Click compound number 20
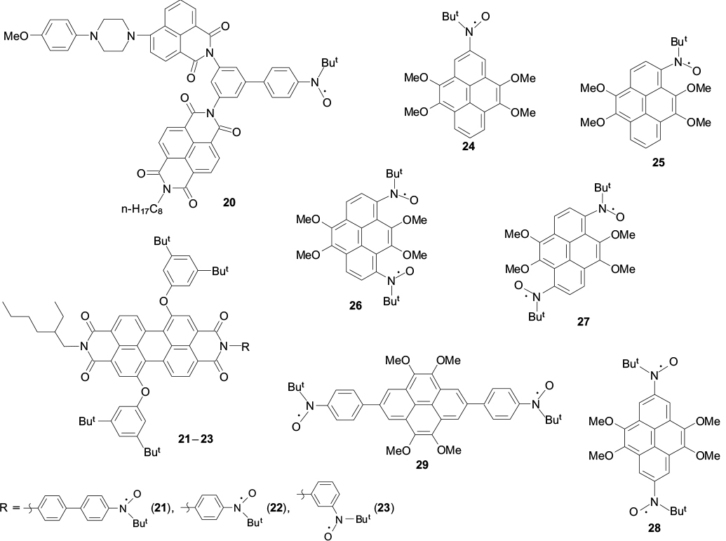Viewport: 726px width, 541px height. [229, 202]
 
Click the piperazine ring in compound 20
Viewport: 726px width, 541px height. [112, 33]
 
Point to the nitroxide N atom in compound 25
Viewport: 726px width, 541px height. [677, 62]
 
